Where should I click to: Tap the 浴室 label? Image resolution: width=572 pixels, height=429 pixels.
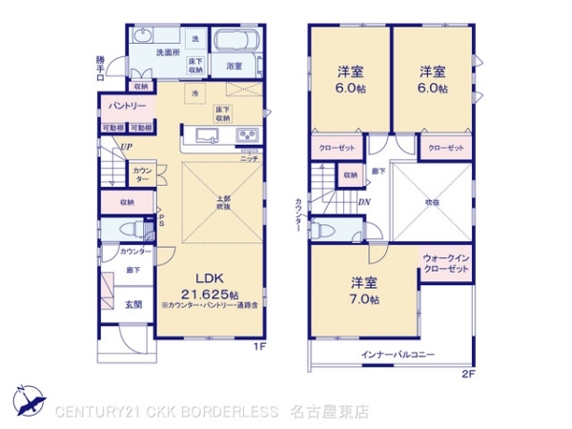235,67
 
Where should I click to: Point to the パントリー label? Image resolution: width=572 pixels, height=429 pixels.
127,106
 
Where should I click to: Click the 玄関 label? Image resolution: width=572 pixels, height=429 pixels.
132,304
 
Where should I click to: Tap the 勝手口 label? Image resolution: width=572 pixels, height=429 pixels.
102,69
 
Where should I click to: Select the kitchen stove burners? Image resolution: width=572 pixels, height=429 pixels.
247,133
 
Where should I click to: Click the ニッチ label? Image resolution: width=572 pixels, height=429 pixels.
250,158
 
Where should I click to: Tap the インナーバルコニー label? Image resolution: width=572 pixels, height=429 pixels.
398,355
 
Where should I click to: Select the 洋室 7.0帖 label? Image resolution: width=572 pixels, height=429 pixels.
363,291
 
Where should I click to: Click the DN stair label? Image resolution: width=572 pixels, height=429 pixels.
364,202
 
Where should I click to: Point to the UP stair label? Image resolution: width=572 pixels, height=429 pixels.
126,147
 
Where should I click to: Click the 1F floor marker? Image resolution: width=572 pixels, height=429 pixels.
258,346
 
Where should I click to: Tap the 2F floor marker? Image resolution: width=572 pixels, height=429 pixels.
467,373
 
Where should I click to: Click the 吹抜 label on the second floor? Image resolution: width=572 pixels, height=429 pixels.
432,201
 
